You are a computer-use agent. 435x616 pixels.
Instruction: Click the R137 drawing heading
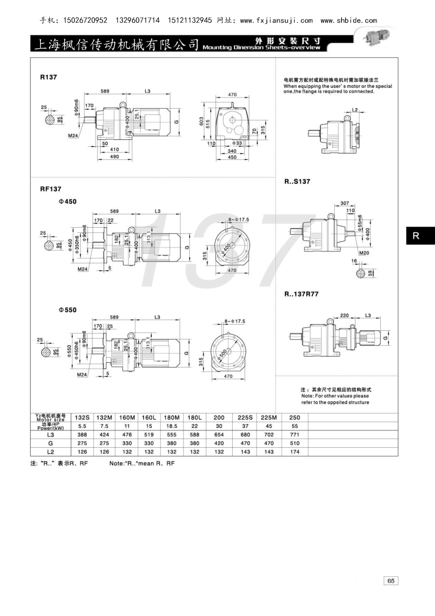tap(49, 77)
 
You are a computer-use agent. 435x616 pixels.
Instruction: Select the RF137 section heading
tap(50, 189)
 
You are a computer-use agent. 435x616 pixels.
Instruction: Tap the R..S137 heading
tap(297, 181)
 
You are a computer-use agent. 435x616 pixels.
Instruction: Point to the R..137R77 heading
tap(301, 294)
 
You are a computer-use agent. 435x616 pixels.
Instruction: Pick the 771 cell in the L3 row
tap(294, 435)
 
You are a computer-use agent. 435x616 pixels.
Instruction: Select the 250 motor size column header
tap(294, 417)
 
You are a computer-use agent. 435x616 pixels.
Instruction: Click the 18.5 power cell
tap(172, 426)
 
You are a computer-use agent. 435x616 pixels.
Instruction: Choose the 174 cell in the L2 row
tap(294, 452)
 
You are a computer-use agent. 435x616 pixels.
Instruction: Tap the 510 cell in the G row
tap(294, 443)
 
